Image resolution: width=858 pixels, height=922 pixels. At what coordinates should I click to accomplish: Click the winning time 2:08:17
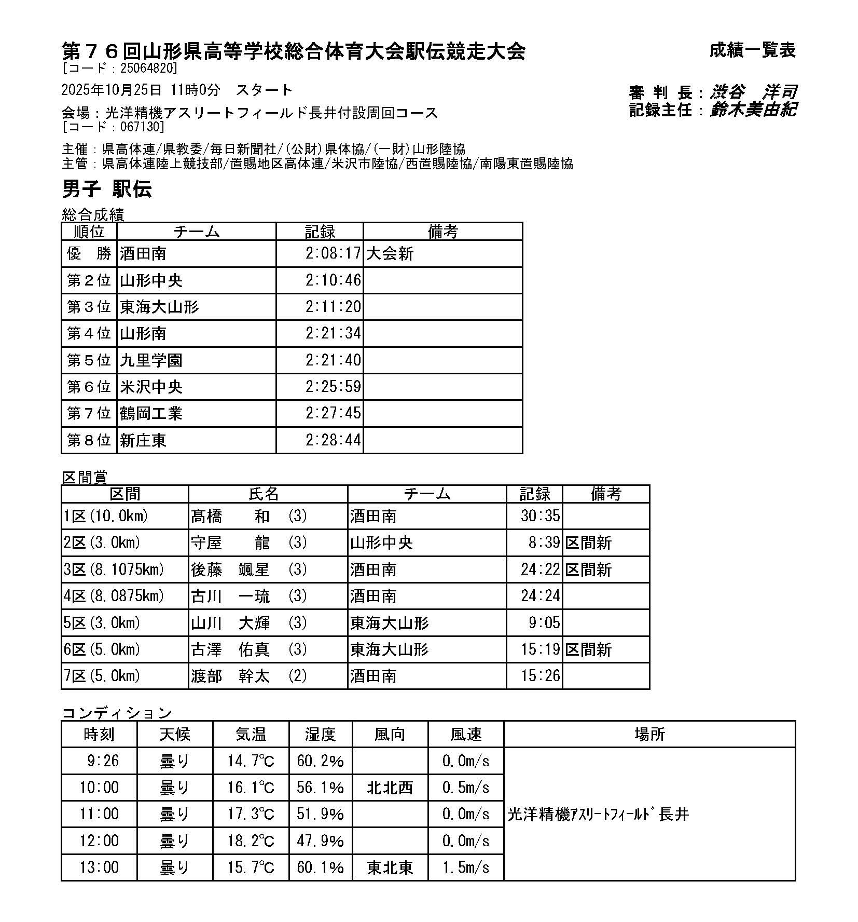pyautogui.click(x=333, y=253)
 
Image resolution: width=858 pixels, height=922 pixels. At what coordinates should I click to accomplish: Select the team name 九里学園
pyautogui.click(x=151, y=360)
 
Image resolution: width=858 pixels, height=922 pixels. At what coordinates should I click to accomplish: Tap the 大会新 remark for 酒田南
pyautogui.click(x=390, y=253)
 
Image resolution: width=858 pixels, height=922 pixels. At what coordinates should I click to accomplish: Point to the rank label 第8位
pyautogui.click(x=89, y=440)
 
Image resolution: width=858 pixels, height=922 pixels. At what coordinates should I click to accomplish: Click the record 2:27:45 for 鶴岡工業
pyautogui.click(x=333, y=413)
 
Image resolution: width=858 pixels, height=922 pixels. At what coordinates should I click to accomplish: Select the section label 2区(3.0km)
pyautogui.click(x=102, y=543)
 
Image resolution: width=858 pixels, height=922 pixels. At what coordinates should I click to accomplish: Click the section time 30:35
pyautogui.click(x=541, y=516)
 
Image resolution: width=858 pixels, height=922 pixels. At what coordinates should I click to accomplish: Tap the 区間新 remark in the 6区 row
pyautogui.click(x=588, y=649)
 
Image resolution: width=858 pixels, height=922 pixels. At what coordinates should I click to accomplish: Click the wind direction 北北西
pyautogui.click(x=390, y=788)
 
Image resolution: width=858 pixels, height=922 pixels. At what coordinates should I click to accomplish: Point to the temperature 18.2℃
pyautogui.click(x=251, y=840)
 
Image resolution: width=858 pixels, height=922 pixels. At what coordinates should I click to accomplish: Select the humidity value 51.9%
pyautogui.click(x=320, y=814)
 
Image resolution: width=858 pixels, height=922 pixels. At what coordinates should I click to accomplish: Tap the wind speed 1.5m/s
pyautogui.click(x=465, y=867)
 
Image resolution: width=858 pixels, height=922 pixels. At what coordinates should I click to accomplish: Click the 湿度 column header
pyautogui.click(x=320, y=734)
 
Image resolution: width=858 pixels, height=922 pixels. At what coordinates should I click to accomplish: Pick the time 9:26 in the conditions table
pyautogui.click(x=103, y=761)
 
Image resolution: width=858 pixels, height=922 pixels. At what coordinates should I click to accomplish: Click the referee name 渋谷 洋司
pyautogui.click(x=753, y=92)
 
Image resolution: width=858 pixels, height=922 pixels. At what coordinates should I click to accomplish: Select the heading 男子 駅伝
pyautogui.click(x=107, y=189)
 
